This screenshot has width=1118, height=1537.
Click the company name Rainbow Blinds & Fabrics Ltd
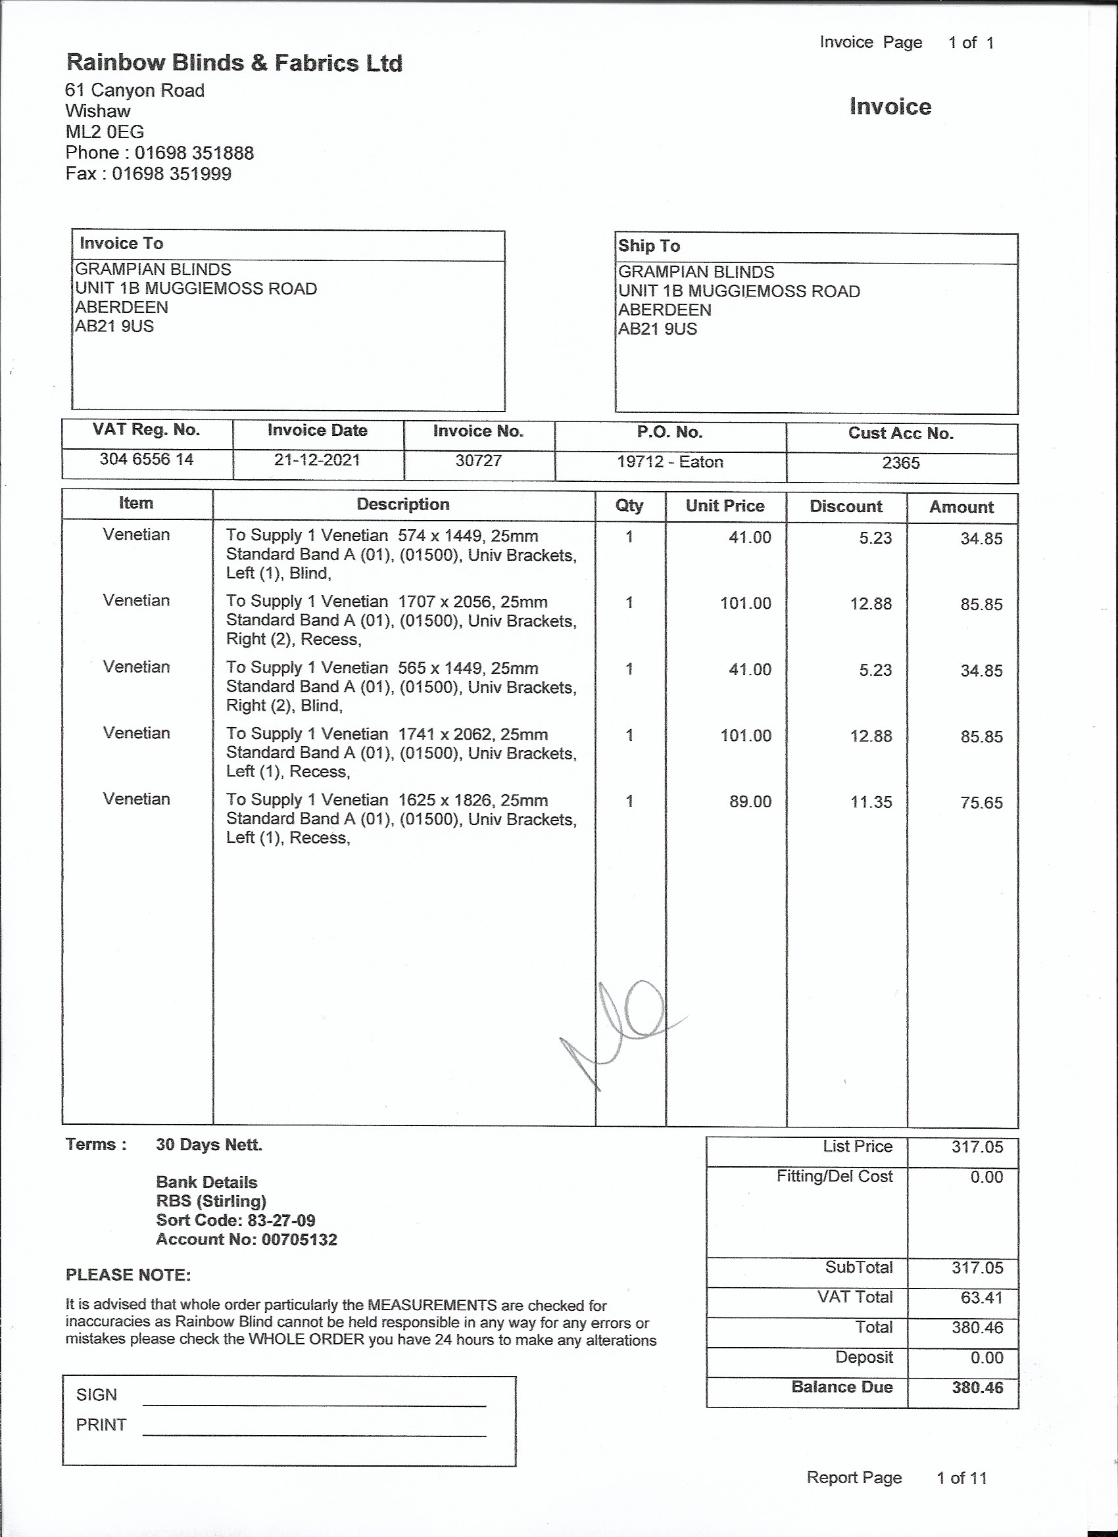pyautogui.click(x=234, y=63)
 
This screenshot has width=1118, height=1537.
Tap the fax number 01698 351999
pyautogui.click(x=172, y=174)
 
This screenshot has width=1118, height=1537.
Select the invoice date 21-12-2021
pyautogui.click(x=316, y=460)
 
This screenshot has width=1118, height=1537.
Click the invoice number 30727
pyautogui.click(x=479, y=461)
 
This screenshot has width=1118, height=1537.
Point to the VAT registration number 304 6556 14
pyautogui.click(x=147, y=460)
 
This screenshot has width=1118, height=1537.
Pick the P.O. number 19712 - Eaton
pyautogui.click(x=670, y=462)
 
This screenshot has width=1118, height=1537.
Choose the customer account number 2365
pyautogui.click(x=900, y=463)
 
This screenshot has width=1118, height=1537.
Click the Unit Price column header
pyautogui.click(x=725, y=506)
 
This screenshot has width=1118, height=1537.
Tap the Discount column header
pyautogui.click(x=846, y=506)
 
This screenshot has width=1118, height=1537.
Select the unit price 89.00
pyautogui.click(x=750, y=802)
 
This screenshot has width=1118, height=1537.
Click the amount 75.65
pyautogui.click(x=981, y=803)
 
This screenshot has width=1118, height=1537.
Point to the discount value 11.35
pyautogui.click(x=871, y=803)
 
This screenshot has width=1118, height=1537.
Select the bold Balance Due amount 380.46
pyautogui.click(x=977, y=1387)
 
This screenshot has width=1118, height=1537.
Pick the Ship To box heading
pyautogui.click(x=649, y=246)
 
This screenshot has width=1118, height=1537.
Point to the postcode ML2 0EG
pyautogui.click(x=105, y=132)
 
